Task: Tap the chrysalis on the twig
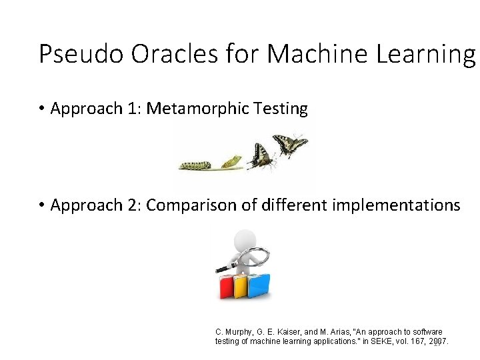pyautogui.click(x=231, y=161)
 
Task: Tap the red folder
pyautogui.click(x=226, y=287)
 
